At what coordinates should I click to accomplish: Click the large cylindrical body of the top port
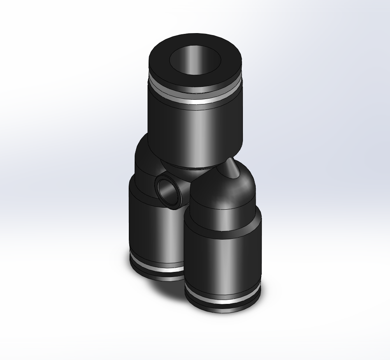[195, 132]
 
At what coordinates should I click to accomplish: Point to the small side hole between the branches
[169, 191]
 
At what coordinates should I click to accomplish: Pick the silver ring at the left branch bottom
[156, 269]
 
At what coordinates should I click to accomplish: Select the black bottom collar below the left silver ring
[156, 275]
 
